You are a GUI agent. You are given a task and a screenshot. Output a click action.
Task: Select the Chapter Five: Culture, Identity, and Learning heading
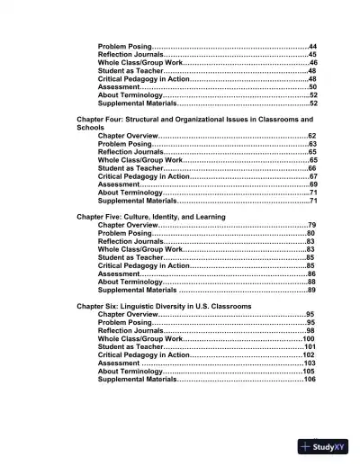pyautogui.click(x=150, y=216)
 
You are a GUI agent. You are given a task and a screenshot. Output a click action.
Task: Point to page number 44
pyautogui.click(x=312, y=46)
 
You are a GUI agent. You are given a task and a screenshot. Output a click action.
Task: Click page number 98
pyautogui.click(x=311, y=330)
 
